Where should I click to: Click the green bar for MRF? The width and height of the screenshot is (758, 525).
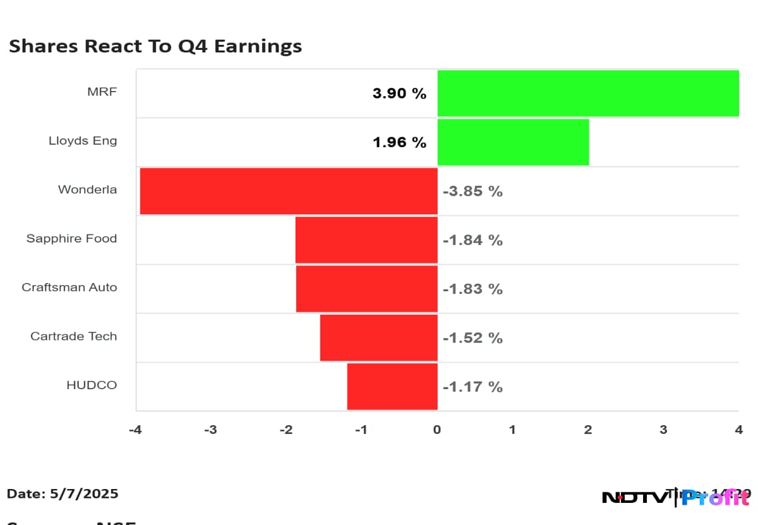[587, 94]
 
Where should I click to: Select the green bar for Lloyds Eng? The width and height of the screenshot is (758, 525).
[513, 142]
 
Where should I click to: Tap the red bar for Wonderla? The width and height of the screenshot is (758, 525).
[289, 191]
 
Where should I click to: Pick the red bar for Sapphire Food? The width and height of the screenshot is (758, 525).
[366, 239]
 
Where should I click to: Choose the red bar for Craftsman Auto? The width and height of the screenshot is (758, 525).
[367, 289]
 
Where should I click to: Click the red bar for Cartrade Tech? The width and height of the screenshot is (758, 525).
[379, 337]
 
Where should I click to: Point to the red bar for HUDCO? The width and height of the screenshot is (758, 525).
[392, 386]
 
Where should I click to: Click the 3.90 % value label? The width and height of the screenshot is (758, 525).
[399, 94]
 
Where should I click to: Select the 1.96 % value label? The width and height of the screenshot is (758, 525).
[399, 143]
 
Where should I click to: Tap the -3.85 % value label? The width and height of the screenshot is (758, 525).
[472, 191]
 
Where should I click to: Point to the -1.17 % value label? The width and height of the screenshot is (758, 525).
[472, 387]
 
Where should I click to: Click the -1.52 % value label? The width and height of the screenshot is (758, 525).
[472, 338]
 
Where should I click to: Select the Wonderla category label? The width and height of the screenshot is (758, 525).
[87, 190]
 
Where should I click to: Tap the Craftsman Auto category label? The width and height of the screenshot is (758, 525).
[69, 287]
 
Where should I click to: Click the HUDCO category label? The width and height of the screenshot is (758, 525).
[92, 385]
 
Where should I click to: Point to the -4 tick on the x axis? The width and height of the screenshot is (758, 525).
[135, 430]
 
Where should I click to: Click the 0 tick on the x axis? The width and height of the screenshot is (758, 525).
[437, 430]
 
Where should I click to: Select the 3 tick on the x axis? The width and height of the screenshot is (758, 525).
[663, 430]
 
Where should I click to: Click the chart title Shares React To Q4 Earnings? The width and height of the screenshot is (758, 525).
[155, 46]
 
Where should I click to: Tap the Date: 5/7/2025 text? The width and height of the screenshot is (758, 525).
[63, 494]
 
